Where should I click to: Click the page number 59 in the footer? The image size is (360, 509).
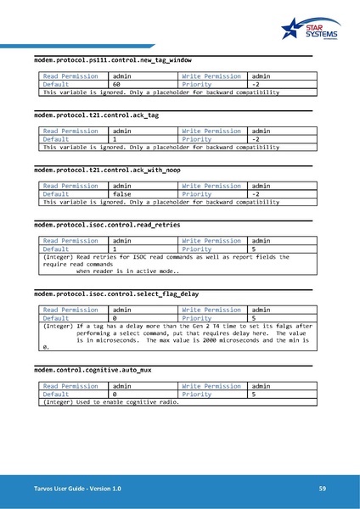(323, 489)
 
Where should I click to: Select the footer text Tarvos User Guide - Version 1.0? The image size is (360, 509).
(77, 489)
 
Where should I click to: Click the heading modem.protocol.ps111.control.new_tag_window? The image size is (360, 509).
(112, 61)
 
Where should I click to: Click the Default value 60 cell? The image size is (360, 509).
(118, 85)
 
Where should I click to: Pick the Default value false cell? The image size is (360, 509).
(122, 193)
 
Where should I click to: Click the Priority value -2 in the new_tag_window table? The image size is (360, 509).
(256, 85)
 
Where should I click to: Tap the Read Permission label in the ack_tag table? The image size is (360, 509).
(70, 131)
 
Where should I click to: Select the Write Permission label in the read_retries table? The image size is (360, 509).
(211, 240)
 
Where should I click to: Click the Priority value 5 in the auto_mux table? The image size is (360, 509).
(254, 394)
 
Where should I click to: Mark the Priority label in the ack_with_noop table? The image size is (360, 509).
(197, 193)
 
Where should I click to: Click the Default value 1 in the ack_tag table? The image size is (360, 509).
(115, 139)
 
